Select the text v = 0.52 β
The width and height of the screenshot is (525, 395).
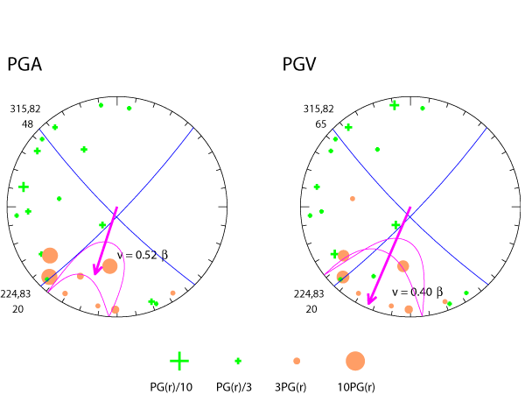coord(142,255)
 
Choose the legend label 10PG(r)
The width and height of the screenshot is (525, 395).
coord(356,386)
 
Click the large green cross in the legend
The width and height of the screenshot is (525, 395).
coord(178,360)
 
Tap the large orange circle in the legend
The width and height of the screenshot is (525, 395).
coord(355,360)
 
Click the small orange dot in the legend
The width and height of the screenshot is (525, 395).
coord(297,360)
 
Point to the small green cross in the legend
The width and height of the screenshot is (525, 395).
coord(238,360)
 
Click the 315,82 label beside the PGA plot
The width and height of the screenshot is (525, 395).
coord(24,109)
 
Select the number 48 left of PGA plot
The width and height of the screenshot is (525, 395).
coord(27,123)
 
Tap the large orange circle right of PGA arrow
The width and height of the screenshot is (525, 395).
coord(109,266)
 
